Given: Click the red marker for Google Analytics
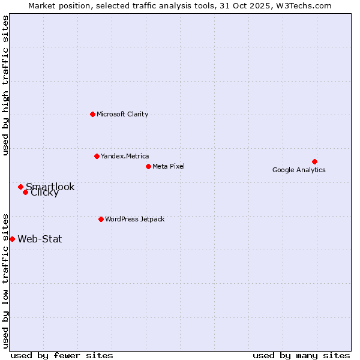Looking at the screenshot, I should pos(314,161).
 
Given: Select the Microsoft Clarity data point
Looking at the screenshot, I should pos(92,114).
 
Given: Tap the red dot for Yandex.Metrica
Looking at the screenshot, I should pos(97,156).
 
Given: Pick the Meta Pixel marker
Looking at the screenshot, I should pos(148,166).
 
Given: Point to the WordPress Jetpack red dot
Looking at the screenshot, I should pos(101,219).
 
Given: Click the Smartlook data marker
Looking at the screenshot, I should pos(20,187).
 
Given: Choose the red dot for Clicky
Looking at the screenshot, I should pos(25,192).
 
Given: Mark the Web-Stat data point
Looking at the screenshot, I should pos(12,239).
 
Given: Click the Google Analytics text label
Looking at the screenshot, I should pos(299,170).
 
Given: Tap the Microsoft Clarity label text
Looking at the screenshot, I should pos(122,114).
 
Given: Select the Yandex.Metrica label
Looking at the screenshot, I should pos(125,156).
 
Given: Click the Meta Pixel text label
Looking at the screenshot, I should pos(169,166).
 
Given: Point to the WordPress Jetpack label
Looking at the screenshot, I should pos(134,219).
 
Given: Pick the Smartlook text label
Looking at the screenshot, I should pos(50,187).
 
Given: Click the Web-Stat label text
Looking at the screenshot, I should pos(40,239).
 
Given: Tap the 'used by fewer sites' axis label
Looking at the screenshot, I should pos(62,355).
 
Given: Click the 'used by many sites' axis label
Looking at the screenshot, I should pos(301,355).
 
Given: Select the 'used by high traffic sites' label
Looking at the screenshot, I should pos(5,85).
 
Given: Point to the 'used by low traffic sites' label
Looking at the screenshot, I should pos(5,280).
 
